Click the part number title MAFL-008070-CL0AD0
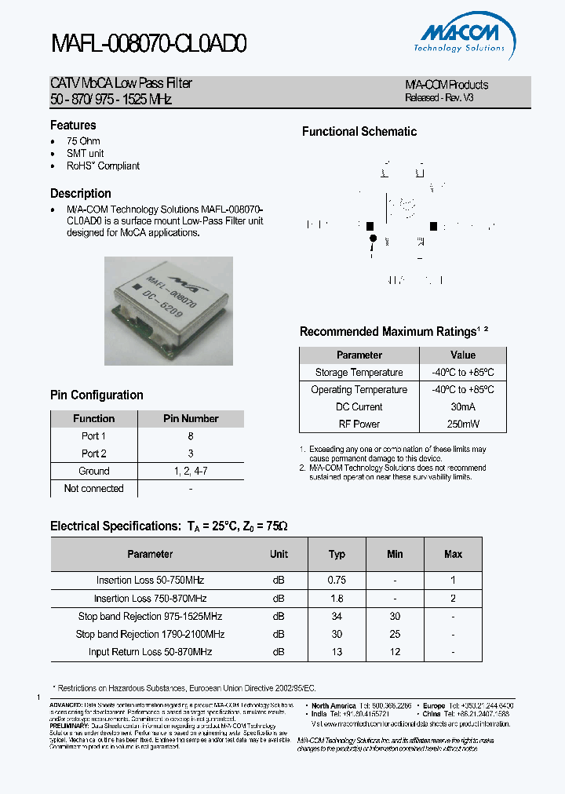tap(149, 44)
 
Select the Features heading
tap(73, 126)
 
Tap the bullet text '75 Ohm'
tap(83, 141)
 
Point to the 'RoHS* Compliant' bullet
tap(103, 166)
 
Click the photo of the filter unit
tap(169, 311)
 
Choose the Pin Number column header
tap(191, 419)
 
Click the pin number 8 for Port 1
tap(191, 436)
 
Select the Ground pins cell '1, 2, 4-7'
tap(191, 471)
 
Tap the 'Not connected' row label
tap(93, 488)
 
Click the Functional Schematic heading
tap(359, 132)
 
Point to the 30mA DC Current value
tap(463, 407)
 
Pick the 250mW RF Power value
tap(463, 424)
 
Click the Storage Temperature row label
tap(359, 373)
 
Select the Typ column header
tap(337, 554)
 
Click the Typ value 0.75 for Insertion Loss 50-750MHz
tap(337, 581)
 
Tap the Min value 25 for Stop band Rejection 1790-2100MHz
tap(395, 634)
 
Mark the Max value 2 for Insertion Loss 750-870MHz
tap(453, 599)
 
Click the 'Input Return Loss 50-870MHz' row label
tap(150, 652)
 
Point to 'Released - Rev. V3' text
tap(439, 98)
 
